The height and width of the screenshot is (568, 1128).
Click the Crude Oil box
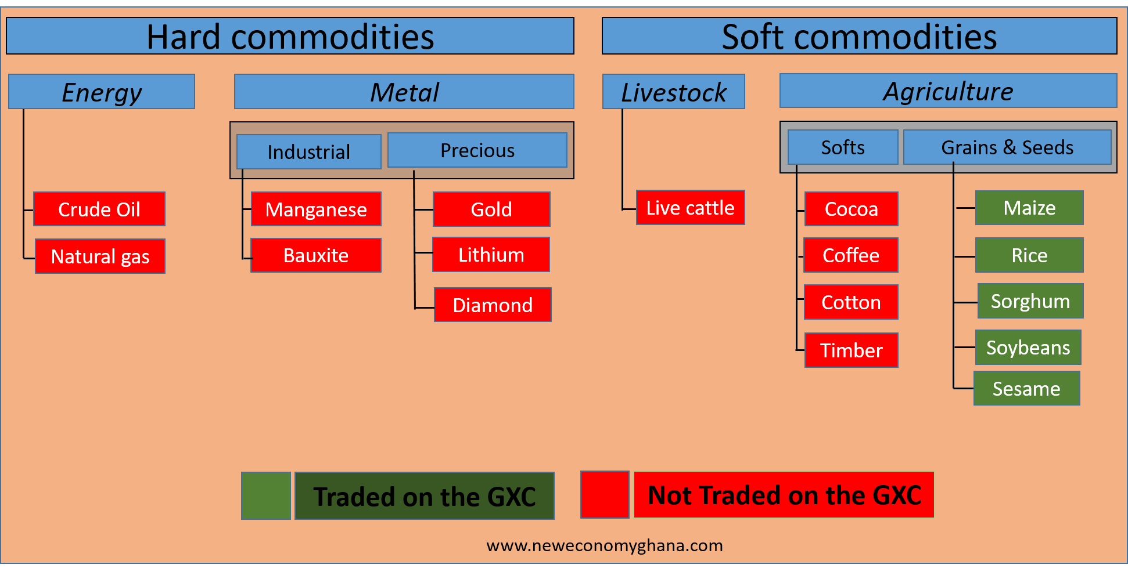point(99,209)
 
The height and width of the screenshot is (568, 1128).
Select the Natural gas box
point(100,256)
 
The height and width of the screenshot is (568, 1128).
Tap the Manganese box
point(316,209)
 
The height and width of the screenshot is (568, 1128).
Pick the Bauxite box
point(316,255)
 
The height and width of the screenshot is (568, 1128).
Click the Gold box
point(491,209)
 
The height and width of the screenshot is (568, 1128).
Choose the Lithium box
point(491,255)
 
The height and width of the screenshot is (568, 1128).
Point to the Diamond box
point(493,305)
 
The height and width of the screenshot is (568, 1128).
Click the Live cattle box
point(691,207)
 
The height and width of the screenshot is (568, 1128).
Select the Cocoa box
point(852,209)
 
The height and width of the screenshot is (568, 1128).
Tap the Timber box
point(852,350)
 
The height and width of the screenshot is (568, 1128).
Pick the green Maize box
point(1029,208)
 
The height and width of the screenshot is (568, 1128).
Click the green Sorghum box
point(1030,301)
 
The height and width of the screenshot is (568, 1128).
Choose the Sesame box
point(1027,388)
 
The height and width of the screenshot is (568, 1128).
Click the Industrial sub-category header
point(309,152)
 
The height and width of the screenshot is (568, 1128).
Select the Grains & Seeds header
point(1008,147)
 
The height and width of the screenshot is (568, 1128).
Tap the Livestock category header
point(674,92)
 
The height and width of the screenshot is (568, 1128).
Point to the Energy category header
point(102,92)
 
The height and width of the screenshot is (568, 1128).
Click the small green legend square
point(266,495)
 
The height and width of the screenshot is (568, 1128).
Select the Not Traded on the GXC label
point(784,495)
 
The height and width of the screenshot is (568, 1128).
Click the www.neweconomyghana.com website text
point(605,545)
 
